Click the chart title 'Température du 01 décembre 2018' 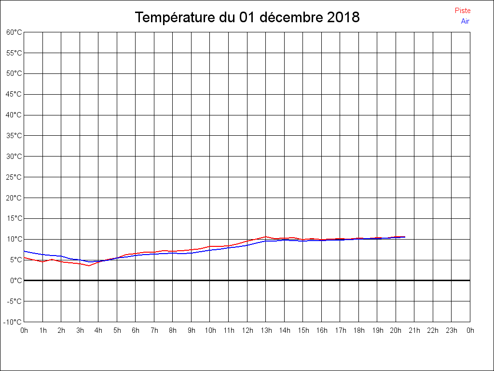pyautogui.click(x=247, y=17)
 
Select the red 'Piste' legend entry pyautogui.click(x=462, y=11)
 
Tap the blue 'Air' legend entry pyautogui.click(x=465, y=21)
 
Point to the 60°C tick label pyautogui.click(x=14, y=32)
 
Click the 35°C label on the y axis pyautogui.click(x=14, y=136)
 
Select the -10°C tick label pyautogui.click(x=13, y=322)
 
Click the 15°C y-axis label pyautogui.click(x=14, y=218)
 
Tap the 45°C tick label pyautogui.click(x=14, y=94)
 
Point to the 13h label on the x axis pyautogui.click(x=265, y=330)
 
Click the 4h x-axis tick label pyautogui.click(x=98, y=330)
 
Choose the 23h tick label pyautogui.click(x=451, y=330)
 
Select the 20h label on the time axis pyautogui.click(x=396, y=330)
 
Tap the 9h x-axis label pyautogui.click(x=192, y=330)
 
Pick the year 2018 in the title pyautogui.click(x=343, y=17)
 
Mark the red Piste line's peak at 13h pyautogui.click(x=265, y=237)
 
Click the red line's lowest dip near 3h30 pyautogui.click(x=89, y=266)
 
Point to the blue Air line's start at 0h pyautogui.click(x=25, y=251)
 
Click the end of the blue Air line pyautogui.click(x=405, y=237)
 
